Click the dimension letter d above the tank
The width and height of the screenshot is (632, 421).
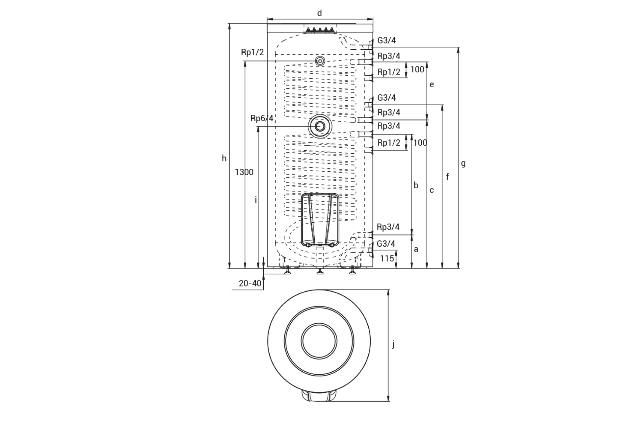pyautogui.click(x=319, y=13)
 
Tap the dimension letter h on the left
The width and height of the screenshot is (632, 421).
pyautogui.click(x=224, y=158)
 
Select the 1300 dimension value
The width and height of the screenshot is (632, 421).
pyautogui.click(x=244, y=172)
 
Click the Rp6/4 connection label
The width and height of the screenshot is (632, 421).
pyautogui.click(x=262, y=118)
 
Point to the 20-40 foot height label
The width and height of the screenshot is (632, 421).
pyautogui.click(x=250, y=283)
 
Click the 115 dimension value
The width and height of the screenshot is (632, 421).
pyautogui.click(x=387, y=259)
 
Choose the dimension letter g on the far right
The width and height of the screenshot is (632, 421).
pyautogui.click(x=463, y=164)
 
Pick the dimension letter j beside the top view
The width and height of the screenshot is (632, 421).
pyautogui.click(x=393, y=344)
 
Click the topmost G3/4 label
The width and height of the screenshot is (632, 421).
pyautogui.click(x=386, y=40)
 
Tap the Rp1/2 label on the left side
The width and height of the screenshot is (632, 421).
pyautogui.click(x=252, y=52)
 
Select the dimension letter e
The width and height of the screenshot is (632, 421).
pyautogui.click(x=432, y=85)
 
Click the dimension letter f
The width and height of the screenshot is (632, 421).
pyautogui.click(x=447, y=177)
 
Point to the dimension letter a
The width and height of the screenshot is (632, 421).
pyautogui.click(x=416, y=249)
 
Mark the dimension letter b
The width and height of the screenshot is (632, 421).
pyautogui.click(x=416, y=185)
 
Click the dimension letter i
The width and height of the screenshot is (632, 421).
pyautogui.click(x=256, y=200)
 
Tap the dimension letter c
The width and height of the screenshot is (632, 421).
pyautogui.click(x=432, y=190)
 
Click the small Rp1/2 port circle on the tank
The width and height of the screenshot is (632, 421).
pyautogui.click(x=320, y=61)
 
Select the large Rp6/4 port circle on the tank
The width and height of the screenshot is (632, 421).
pyautogui.click(x=320, y=126)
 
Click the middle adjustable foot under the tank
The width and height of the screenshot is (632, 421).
pyautogui.click(x=320, y=271)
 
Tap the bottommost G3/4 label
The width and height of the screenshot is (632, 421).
pyautogui.click(x=386, y=244)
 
